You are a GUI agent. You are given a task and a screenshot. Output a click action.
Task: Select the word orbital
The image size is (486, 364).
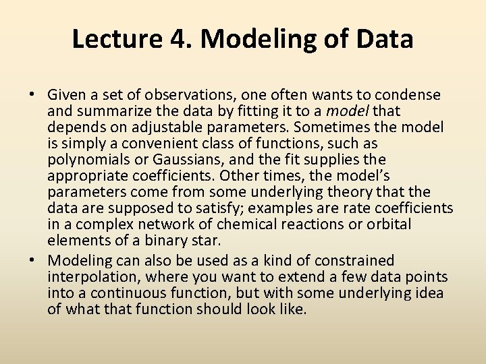(x=387, y=224)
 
